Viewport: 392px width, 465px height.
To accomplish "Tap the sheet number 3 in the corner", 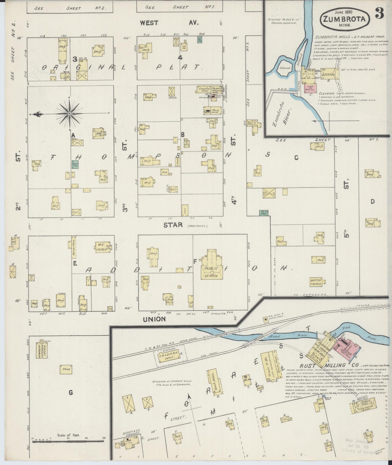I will [x=380, y=14].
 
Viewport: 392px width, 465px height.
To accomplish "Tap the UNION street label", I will [x=154, y=319].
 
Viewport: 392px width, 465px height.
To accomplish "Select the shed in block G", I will [x=66, y=369].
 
